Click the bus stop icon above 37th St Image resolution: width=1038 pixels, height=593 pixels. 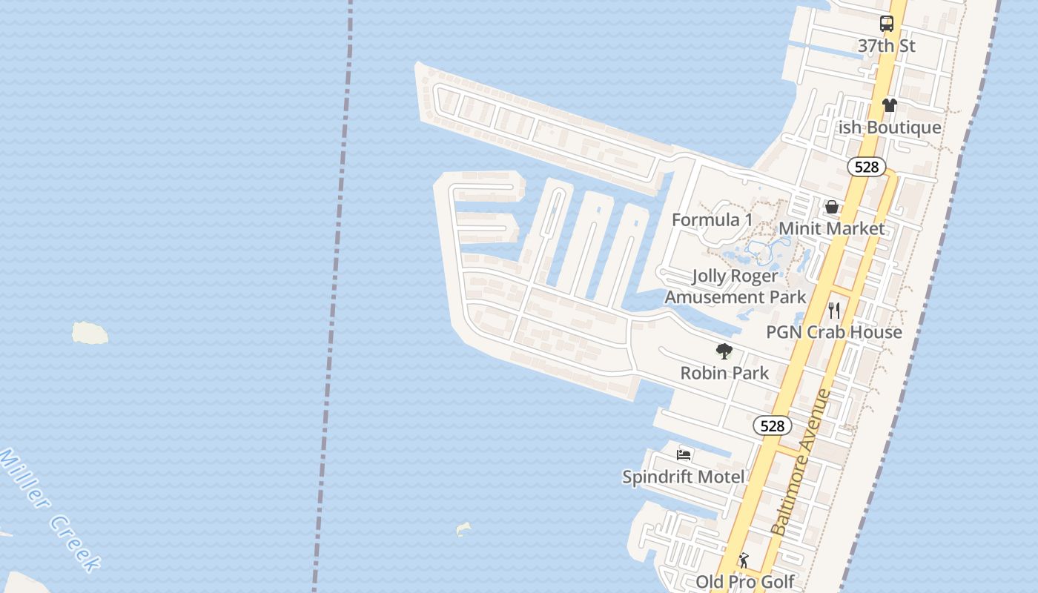[x=887, y=24]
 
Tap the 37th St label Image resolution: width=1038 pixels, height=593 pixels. [x=887, y=46]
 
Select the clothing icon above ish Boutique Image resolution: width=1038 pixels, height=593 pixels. [x=890, y=105]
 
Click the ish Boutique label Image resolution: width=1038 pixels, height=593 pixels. [x=890, y=127]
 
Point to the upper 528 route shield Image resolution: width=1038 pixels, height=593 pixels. [x=867, y=167]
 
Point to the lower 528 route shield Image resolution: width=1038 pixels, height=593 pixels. [x=773, y=425]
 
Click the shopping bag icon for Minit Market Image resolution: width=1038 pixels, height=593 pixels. [x=832, y=207]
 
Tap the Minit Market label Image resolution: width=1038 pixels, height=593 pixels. [x=832, y=228]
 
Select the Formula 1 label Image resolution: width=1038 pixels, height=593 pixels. [x=712, y=219]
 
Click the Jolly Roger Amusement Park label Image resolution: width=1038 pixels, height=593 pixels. [x=735, y=286]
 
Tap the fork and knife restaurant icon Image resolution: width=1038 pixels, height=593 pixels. [x=835, y=310]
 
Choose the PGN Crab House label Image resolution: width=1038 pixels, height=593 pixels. [x=834, y=331]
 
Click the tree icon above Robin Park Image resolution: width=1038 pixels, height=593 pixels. [x=724, y=351]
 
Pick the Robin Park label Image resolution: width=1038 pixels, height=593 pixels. [x=724, y=373]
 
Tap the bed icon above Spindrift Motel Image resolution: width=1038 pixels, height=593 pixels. [x=684, y=454]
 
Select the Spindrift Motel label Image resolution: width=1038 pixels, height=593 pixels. [x=684, y=477]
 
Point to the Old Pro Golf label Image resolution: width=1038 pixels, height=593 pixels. [x=744, y=582]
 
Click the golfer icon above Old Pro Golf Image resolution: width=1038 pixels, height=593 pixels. [x=744, y=561]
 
